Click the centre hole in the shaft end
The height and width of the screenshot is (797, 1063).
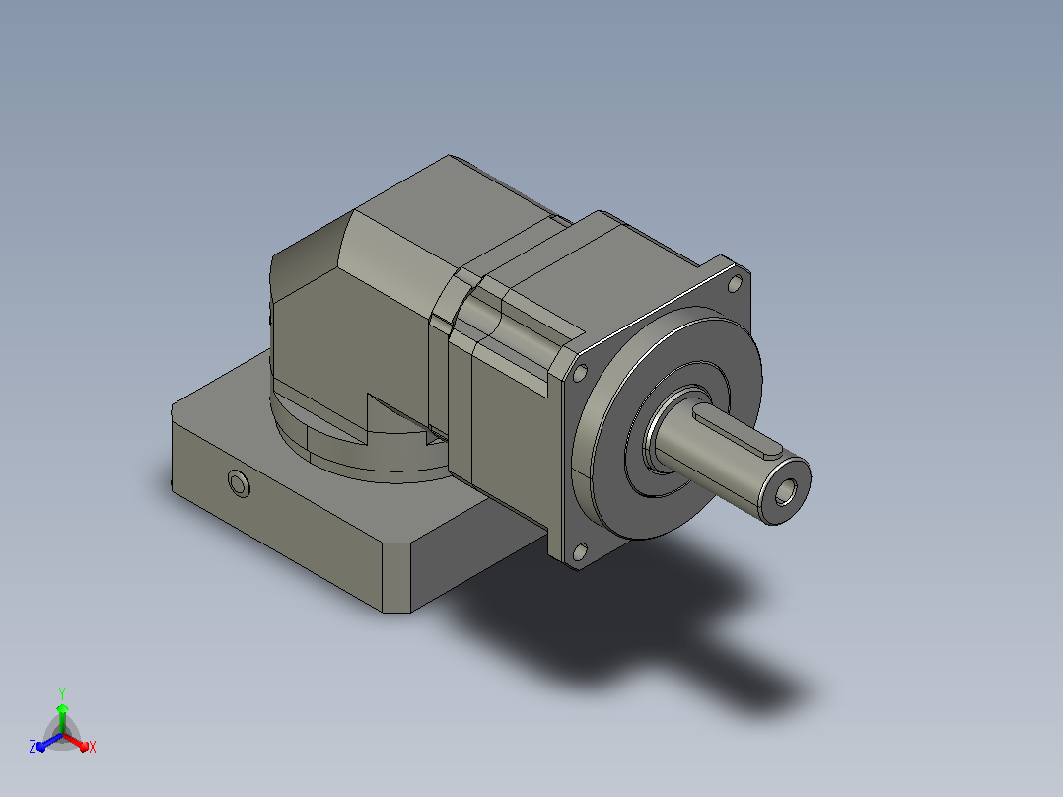click(x=785, y=492)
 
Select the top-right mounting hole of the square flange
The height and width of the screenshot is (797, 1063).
click(x=735, y=283)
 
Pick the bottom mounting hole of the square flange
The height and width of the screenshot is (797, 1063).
click(x=580, y=551)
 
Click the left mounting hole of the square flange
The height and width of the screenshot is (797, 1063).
click(x=580, y=373)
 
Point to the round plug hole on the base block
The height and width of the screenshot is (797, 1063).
click(x=239, y=483)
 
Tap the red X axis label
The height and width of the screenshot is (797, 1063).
click(x=93, y=747)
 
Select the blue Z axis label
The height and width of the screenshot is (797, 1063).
click(x=32, y=747)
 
